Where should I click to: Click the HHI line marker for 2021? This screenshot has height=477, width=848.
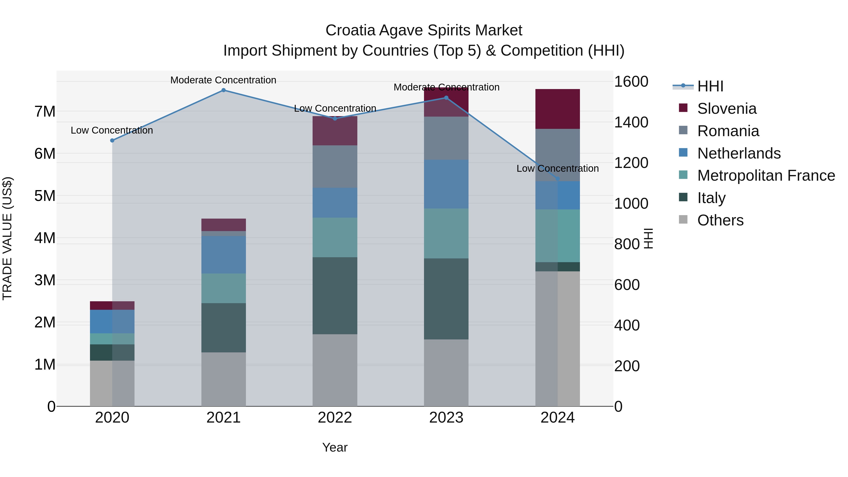coord(223,90)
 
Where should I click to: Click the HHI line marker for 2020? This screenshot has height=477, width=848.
coord(112,141)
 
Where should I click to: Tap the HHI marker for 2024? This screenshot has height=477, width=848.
coord(557,179)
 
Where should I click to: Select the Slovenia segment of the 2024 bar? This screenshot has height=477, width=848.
coord(557,109)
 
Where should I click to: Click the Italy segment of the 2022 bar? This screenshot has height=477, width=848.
coord(335,296)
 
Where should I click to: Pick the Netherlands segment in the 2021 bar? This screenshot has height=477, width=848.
coord(224,254)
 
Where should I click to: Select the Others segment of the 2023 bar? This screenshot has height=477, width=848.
coord(446,373)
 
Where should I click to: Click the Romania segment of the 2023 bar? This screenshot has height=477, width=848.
coord(446,138)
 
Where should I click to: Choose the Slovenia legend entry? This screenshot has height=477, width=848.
coord(726,109)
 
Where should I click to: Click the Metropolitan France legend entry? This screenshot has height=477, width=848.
coord(766,175)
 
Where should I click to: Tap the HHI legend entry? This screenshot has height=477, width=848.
coord(710,86)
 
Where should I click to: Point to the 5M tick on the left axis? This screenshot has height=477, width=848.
coord(45,196)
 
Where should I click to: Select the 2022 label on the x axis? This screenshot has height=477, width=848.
coord(335,418)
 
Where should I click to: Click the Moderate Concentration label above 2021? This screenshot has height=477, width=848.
coord(223,80)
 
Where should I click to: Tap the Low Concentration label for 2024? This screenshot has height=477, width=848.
coord(557,169)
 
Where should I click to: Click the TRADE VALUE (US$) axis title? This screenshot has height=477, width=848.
coord(7,238)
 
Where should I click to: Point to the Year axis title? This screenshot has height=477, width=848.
coord(335,447)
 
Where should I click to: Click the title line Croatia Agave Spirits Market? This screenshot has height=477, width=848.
coord(424,30)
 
